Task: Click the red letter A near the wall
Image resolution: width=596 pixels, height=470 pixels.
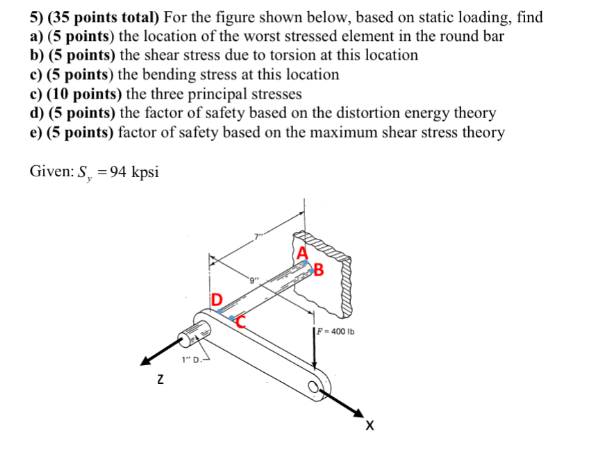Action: click(302, 253)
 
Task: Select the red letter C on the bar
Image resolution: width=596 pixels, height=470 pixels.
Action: click(242, 319)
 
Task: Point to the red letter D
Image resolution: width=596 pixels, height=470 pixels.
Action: click(217, 300)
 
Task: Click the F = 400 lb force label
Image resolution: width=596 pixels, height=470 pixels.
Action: click(336, 331)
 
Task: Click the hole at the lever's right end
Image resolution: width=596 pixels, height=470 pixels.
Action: click(319, 389)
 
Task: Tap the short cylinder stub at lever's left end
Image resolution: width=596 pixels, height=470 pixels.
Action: click(188, 338)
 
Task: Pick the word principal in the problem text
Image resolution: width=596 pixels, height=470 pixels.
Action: click(226, 93)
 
